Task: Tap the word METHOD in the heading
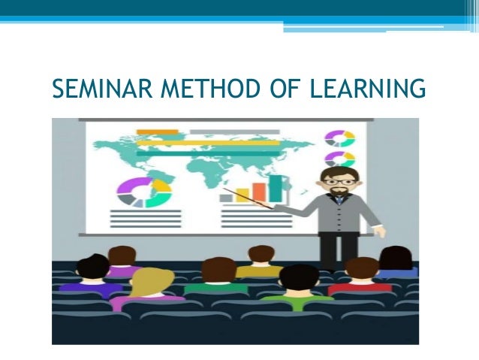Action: pyautogui.click(x=194, y=90)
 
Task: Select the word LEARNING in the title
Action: pyautogui.click(x=368, y=90)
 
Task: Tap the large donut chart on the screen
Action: pyautogui.click(x=144, y=192)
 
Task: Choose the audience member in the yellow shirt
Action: pyautogui.click(x=260, y=263)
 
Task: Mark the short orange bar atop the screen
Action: pyautogui.click(x=157, y=132)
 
